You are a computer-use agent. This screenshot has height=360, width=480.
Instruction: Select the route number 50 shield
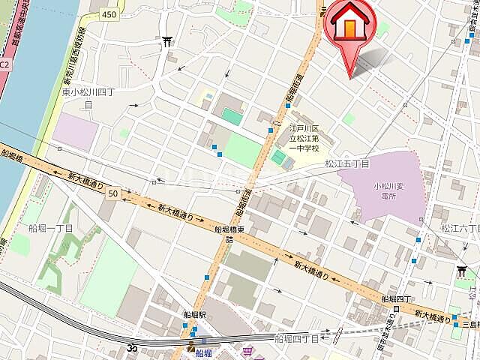point(112,193)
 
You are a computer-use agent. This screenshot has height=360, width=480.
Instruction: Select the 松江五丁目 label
point(347,163)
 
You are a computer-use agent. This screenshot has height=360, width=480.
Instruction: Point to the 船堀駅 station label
point(194,316)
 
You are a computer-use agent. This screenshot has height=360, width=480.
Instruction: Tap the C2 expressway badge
point(4,66)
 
